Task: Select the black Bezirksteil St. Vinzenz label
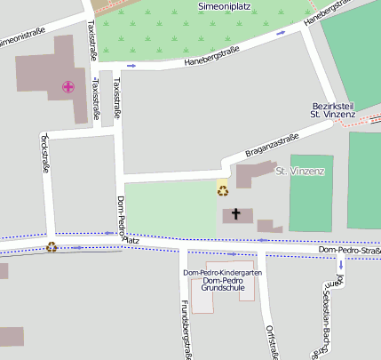pyautogui.click(x=333, y=109)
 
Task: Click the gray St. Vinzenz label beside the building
pyautogui.click(x=300, y=170)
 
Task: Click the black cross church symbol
pyautogui.click(x=236, y=213)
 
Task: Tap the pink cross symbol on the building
pyautogui.click(x=67, y=86)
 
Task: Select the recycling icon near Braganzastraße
pyautogui.click(x=223, y=189)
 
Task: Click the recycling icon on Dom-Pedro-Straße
pyautogui.click(x=52, y=247)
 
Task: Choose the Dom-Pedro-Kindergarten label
pyautogui.click(x=222, y=272)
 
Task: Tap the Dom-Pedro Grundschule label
pyautogui.click(x=222, y=284)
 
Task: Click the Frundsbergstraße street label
pyautogui.click(x=186, y=329)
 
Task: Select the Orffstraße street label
pyautogui.click(x=271, y=341)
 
